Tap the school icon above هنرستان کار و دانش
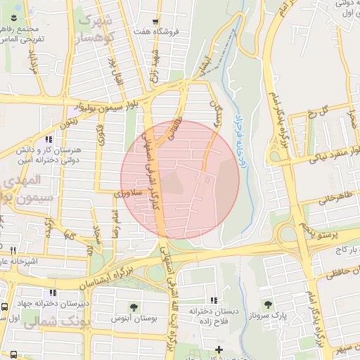pos(48,140)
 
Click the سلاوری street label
pos(129,191)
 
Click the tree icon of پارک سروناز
pos(267,304)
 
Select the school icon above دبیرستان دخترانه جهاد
pos(51,292)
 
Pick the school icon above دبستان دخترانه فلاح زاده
pos(214,300)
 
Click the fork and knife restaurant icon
pos(13,250)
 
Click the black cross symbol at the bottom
pos(219,349)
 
